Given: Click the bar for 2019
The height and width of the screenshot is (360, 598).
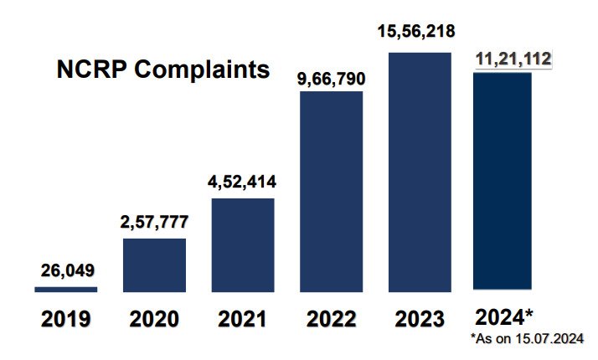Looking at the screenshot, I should pyautogui.click(x=66, y=290).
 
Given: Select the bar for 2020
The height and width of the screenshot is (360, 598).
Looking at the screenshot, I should pyautogui.click(x=155, y=265).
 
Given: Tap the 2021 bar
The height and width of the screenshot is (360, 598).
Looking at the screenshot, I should pyautogui.click(x=243, y=245).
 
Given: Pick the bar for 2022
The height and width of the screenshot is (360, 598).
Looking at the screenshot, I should pyautogui.click(x=332, y=192).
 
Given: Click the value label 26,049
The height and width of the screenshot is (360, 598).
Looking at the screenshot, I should pyautogui.click(x=68, y=270).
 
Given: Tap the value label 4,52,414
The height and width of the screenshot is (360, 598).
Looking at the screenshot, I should pyautogui.click(x=244, y=181).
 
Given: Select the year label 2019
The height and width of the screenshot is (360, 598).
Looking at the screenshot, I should pyautogui.click(x=66, y=319).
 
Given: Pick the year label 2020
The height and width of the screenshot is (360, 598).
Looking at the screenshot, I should pyautogui.click(x=155, y=319).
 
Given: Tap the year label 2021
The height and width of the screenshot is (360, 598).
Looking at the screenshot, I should pyautogui.click(x=244, y=319).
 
